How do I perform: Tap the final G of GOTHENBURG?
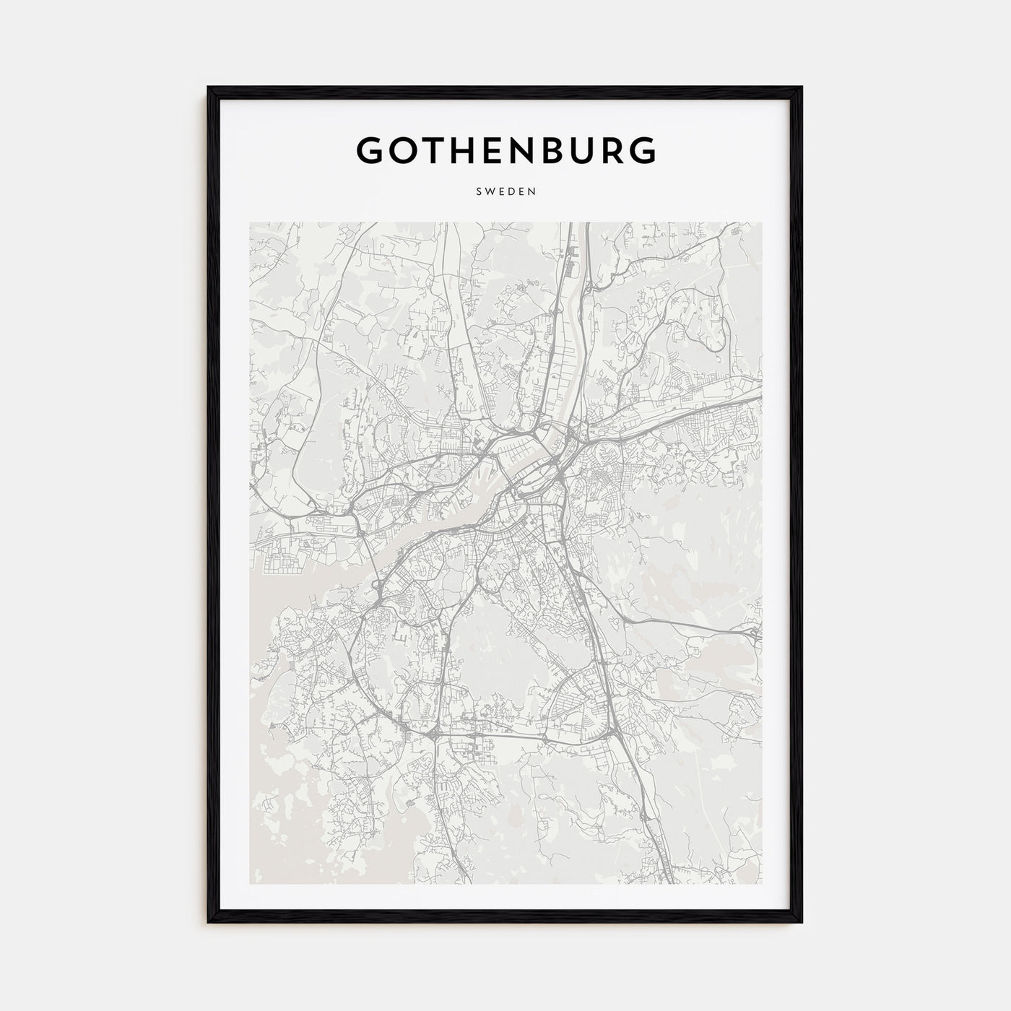click(x=641, y=149)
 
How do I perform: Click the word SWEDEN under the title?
click(x=506, y=192)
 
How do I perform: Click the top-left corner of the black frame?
click(x=208, y=87)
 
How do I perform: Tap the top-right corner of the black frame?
click(x=802, y=87)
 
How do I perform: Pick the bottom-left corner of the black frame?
click(x=208, y=922)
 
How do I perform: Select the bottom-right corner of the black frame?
click(x=802, y=922)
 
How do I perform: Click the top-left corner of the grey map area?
click(x=250, y=222)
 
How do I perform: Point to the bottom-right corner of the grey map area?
click(x=761, y=884)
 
